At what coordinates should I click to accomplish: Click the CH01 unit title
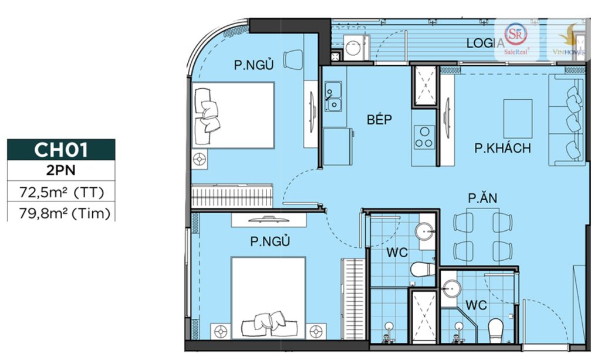coord(61,150)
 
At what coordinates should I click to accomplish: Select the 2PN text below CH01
coord(60,170)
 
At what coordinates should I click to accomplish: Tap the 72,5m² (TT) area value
coord(61,191)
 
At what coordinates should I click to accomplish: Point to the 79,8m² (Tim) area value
coord(65,213)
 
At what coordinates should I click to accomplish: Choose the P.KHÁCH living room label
coord(502,148)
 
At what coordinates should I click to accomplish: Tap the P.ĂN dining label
coord(482,198)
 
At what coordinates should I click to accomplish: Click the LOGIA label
coord(485,43)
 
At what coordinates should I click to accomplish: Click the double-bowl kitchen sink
coord(333,96)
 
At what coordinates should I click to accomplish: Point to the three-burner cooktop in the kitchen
coord(424,137)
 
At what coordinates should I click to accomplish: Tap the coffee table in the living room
coord(518,119)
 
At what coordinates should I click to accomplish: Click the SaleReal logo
coord(516,38)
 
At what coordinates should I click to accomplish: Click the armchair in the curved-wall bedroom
coord(293,60)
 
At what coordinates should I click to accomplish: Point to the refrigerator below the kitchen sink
coord(337,147)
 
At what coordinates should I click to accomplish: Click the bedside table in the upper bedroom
coord(200,159)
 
